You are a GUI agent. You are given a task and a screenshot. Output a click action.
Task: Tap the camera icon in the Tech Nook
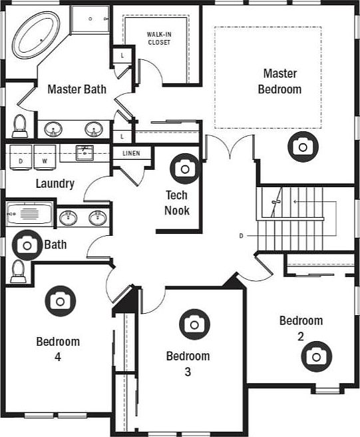click(184, 168)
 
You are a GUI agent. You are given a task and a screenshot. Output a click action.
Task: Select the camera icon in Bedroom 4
click(61, 300)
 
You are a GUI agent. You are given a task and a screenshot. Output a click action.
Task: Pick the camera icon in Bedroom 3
click(194, 324)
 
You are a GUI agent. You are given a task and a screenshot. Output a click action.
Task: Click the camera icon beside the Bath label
click(27, 245)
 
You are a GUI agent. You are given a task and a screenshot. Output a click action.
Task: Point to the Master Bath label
click(77, 89)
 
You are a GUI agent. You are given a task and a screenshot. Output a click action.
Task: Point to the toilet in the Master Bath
click(19, 125)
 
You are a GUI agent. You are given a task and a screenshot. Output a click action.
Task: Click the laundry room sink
click(85, 153)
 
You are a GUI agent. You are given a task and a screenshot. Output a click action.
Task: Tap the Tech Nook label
click(177, 203)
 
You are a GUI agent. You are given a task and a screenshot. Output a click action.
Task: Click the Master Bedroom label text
click(279, 81)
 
